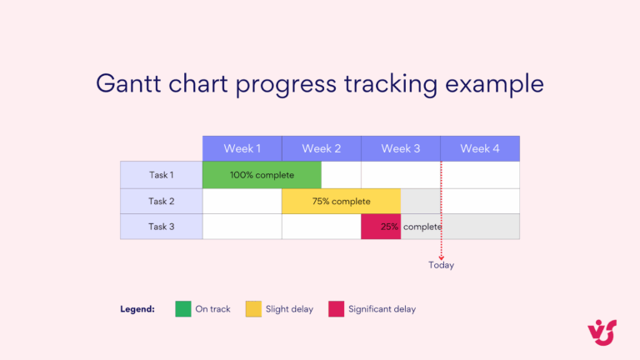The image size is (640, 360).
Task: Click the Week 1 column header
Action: coord(242,148)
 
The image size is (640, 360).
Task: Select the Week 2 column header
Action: coord(321,148)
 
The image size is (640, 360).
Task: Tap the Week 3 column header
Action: coord(400,148)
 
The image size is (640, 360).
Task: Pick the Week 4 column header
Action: coord(480,148)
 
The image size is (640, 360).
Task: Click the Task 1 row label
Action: coord(161,175)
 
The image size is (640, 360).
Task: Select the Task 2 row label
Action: coord(161,201)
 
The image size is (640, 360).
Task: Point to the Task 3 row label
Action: coord(161,227)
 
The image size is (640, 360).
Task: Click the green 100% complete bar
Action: coord(262,175)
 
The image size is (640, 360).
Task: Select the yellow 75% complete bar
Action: coord(341,201)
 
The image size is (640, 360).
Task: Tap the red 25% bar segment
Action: coord(380,227)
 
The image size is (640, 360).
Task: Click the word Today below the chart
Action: coord(441,265)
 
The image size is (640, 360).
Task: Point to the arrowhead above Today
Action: coord(441,257)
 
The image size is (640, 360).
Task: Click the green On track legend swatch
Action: coord(183,309)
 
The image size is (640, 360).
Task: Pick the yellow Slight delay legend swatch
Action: coord(253,309)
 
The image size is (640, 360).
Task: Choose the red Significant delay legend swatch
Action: coord(336,309)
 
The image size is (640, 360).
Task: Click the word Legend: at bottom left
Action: coord(137,309)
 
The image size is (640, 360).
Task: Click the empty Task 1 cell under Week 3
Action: coord(400,175)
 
